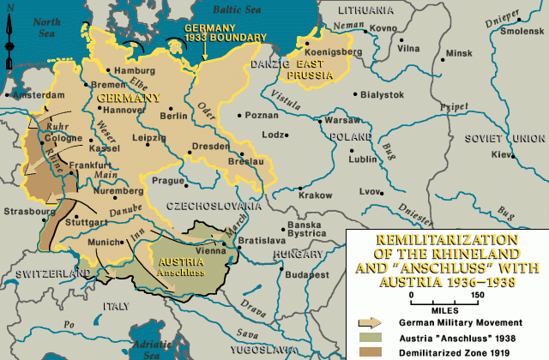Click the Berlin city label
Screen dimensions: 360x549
[x=173, y=116]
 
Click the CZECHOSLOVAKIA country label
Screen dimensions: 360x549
[x=214, y=206]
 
